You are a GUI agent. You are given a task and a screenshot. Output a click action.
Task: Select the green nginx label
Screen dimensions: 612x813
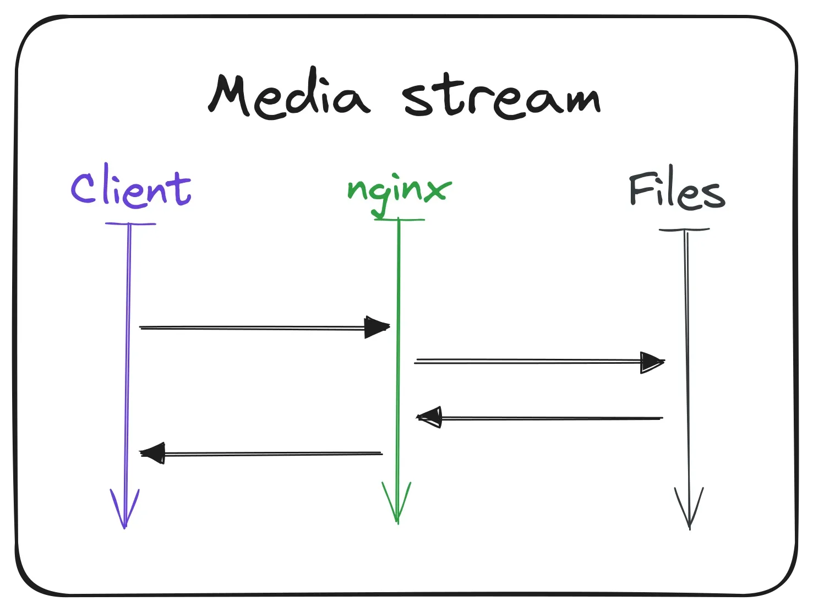pyautogui.click(x=399, y=190)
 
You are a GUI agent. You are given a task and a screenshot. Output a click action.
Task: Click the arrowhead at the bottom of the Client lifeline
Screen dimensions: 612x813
pyautogui.click(x=125, y=509)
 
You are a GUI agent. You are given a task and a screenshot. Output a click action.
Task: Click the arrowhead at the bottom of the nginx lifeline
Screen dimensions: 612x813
pyautogui.click(x=397, y=504)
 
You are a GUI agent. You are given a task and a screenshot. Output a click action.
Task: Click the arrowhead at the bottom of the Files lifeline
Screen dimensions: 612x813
pyautogui.click(x=689, y=509)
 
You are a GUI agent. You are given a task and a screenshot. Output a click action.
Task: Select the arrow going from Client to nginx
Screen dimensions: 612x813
pyautogui.click(x=253, y=327)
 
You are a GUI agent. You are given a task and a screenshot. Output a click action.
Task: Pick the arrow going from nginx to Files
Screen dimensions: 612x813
pyautogui.click(x=528, y=361)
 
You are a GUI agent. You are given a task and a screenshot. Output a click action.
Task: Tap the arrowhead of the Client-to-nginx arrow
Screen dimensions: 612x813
pyautogui.click(x=377, y=327)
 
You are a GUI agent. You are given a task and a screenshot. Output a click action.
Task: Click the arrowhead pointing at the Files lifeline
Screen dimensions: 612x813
pyautogui.click(x=652, y=362)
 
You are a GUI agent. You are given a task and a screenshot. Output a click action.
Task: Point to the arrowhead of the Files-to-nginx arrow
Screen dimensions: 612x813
pyautogui.click(x=430, y=417)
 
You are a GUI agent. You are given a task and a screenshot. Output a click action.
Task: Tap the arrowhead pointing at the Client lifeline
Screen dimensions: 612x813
pyautogui.click(x=153, y=453)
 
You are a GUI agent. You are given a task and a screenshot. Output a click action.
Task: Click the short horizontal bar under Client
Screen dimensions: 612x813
pyautogui.click(x=130, y=224)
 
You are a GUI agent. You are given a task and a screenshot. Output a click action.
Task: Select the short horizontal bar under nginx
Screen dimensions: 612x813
pyautogui.click(x=400, y=220)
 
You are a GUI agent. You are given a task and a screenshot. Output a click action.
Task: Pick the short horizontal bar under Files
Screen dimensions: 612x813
pyautogui.click(x=684, y=229)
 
